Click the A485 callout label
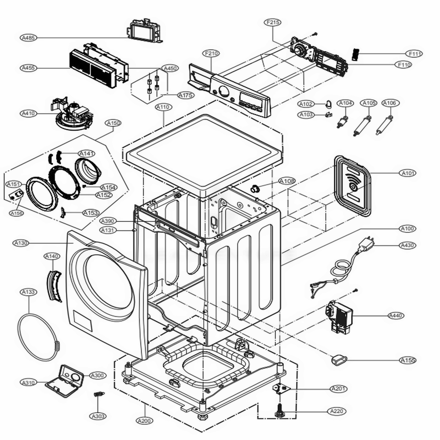click(x=28, y=38)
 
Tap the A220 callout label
click(x=337, y=411)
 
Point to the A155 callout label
click(x=408, y=360)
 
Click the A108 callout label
click(x=287, y=181)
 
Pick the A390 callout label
click(x=108, y=221)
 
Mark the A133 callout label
click(x=29, y=292)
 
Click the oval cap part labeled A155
click(x=338, y=359)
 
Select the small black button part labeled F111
click(x=355, y=55)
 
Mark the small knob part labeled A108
click(x=254, y=189)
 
